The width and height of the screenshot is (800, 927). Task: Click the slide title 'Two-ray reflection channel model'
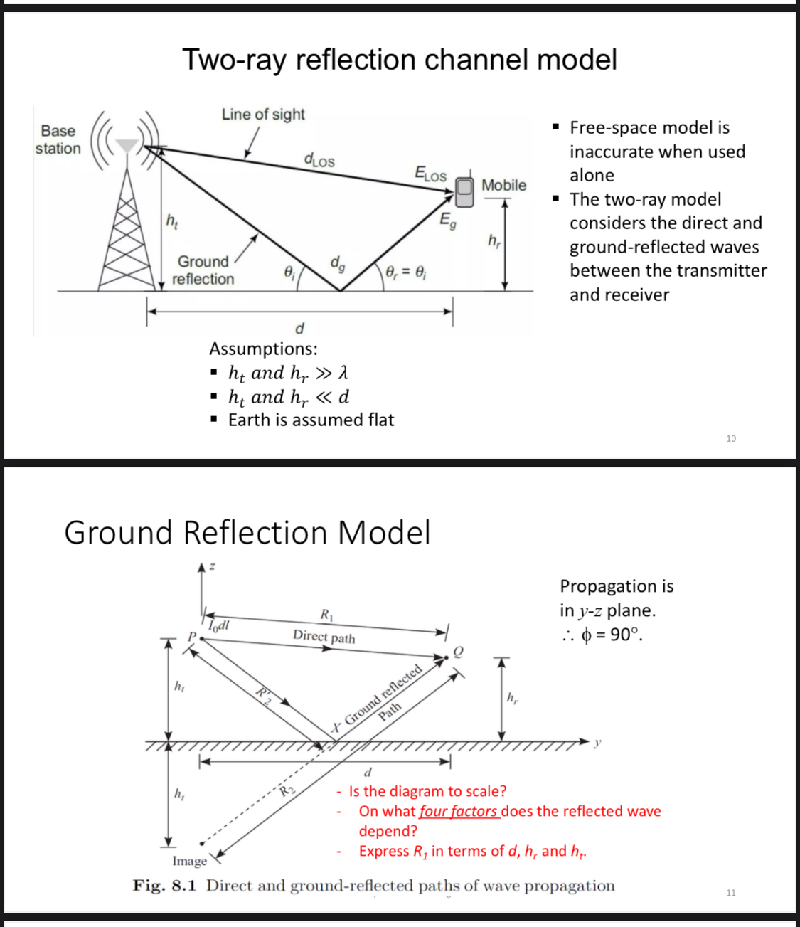click(399, 60)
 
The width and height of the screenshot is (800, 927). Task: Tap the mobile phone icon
click(464, 191)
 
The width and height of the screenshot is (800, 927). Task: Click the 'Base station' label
click(58, 139)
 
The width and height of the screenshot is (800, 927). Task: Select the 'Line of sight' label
click(263, 115)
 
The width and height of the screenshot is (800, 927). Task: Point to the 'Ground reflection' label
click(203, 270)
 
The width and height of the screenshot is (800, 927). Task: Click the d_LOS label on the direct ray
click(319, 160)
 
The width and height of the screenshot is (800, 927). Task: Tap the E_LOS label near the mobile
click(430, 174)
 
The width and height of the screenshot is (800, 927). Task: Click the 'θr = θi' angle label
click(406, 272)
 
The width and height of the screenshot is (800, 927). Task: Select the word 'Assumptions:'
click(263, 349)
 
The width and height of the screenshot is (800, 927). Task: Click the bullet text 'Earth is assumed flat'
click(311, 420)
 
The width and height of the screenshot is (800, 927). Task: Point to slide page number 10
click(731, 438)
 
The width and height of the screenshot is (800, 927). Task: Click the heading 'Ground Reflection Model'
click(247, 532)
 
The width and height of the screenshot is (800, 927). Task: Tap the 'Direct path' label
click(324, 636)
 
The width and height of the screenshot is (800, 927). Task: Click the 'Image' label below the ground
click(189, 861)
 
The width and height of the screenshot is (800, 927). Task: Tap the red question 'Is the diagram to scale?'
click(427, 791)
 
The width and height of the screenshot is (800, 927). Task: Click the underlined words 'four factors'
click(459, 811)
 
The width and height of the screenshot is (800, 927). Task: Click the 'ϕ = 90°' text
click(612, 635)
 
